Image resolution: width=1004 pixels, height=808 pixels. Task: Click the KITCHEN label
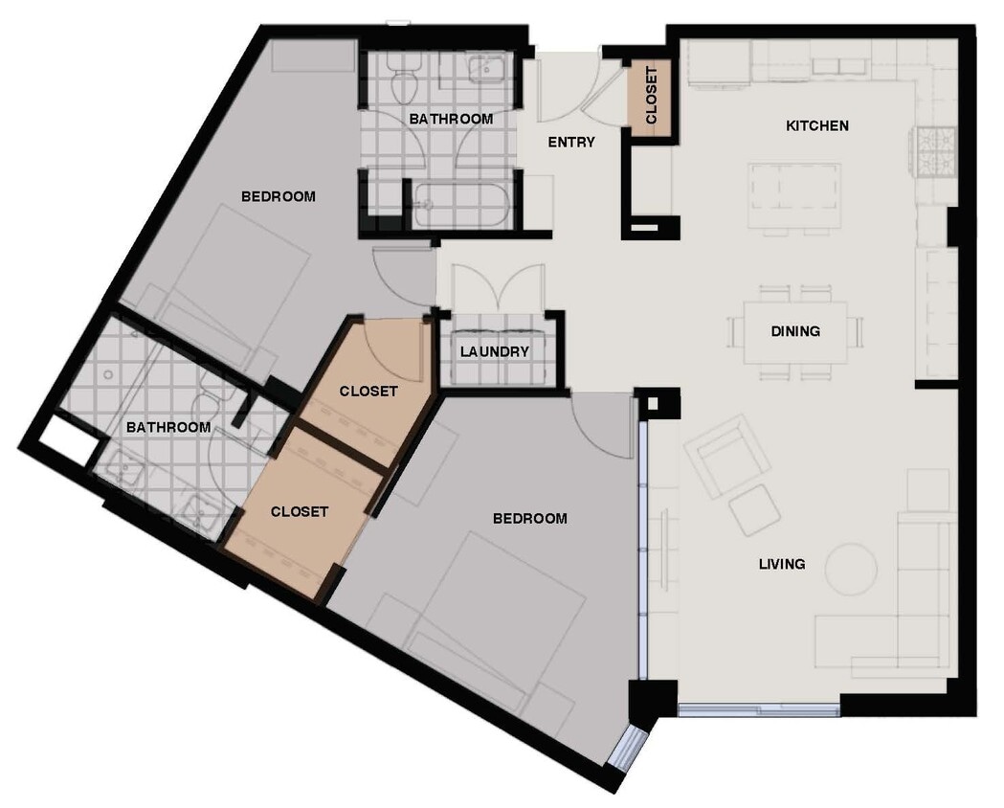pyautogui.click(x=816, y=125)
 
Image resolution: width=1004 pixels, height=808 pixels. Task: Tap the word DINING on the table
pyautogui.click(x=795, y=331)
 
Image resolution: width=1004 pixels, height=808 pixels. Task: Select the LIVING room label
pyautogui.click(x=782, y=564)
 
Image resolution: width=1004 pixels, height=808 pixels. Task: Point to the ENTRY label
pyautogui.click(x=571, y=143)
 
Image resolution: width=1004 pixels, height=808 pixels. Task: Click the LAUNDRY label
pyautogui.click(x=494, y=351)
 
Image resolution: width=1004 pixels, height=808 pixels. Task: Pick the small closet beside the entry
pyautogui.click(x=651, y=96)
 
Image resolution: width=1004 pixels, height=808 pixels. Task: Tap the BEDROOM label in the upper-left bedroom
pyautogui.click(x=278, y=196)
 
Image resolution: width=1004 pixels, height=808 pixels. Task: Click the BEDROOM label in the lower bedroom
pyautogui.click(x=529, y=518)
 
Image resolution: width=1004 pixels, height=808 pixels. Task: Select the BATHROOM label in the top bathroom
pyautogui.click(x=451, y=119)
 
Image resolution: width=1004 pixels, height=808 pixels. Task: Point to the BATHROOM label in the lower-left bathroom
pyautogui.click(x=168, y=427)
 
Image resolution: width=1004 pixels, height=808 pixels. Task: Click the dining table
pyautogui.click(x=795, y=331)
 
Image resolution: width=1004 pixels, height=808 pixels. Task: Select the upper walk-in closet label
pyautogui.click(x=368, y=392)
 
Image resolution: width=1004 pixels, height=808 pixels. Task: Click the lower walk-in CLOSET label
pyautogui.click(x=300, y=511)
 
